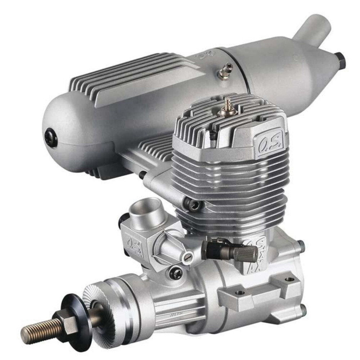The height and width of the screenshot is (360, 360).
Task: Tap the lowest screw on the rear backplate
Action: click(x=303, y=308)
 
